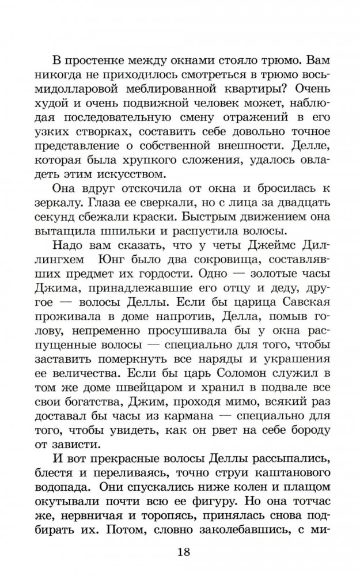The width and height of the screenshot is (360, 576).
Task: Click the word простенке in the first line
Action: [101, 60]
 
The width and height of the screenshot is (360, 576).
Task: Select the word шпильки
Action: [124, 255]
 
